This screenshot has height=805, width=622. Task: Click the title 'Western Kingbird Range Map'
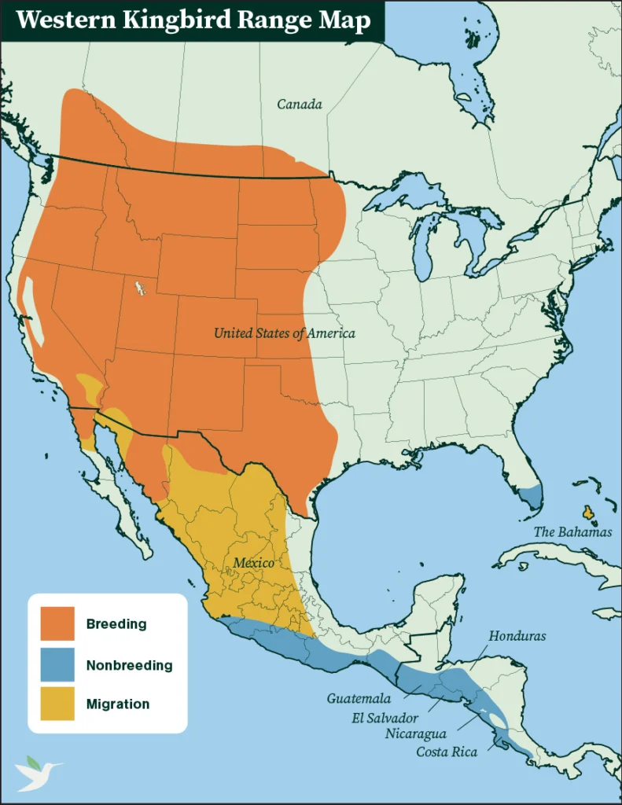(x=193, y=20)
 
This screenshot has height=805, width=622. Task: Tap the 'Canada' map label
(x=300, y=104)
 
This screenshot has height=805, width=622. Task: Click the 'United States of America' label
(x=284, y=333)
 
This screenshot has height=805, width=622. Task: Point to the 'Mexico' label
(x=253, y=564)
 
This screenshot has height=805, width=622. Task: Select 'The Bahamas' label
(x=572, y=532)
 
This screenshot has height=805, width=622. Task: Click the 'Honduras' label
(x=517, y=636)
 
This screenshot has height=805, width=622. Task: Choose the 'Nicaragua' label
(x=416, y=734)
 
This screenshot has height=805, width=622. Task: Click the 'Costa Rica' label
(x=445, y=752)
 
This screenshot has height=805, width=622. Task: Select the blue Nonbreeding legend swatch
(x=57, y=665)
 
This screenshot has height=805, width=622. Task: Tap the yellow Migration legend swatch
(x=57, y=704)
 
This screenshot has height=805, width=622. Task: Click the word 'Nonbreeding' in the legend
(x=129, y=665)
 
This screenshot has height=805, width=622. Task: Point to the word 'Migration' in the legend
(x=118, y=704)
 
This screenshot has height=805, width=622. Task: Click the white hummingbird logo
(x=37, y=772)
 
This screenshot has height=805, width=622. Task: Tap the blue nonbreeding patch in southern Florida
(x=533, y=497)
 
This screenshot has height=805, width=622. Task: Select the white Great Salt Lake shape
(x=140, y=288)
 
